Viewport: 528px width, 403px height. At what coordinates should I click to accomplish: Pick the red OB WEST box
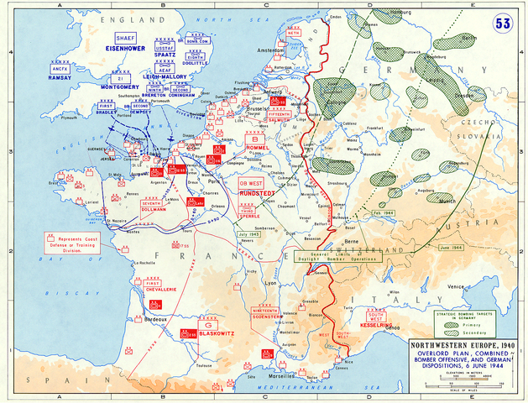[253, 182]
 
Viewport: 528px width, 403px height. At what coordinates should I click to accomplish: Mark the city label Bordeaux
[153, 320]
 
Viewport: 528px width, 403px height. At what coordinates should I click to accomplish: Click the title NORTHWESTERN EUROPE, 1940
[467, 346]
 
